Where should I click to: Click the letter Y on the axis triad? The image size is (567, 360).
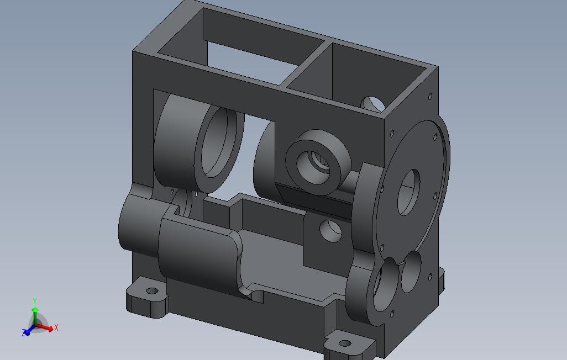(35, 301)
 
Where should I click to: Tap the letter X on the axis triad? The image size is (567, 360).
(56, 328)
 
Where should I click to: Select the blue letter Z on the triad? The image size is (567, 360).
(24, 332)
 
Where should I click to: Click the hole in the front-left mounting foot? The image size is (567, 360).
(152, 290)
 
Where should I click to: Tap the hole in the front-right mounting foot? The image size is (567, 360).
(345, 343)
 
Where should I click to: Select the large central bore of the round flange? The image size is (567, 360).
(408, 192)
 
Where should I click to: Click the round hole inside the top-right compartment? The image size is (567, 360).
(374, 104)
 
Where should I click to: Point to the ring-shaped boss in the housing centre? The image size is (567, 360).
(318, 162)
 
